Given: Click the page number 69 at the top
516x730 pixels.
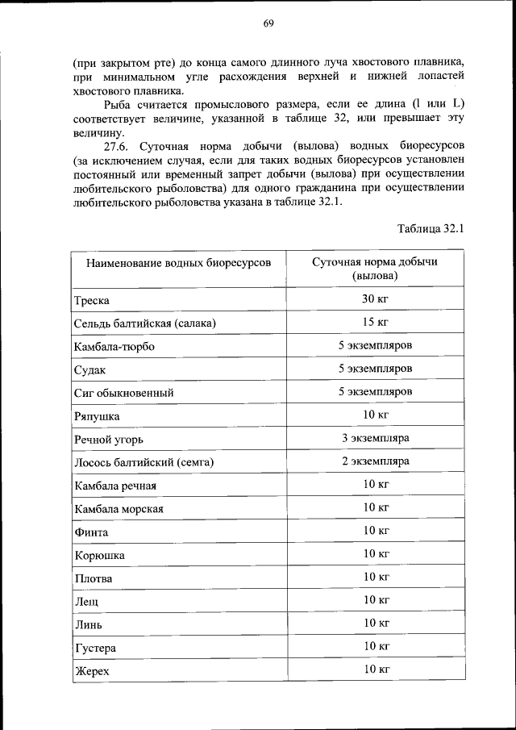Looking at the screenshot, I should tap(268, 23).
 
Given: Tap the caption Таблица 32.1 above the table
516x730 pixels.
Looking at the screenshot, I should tap(431, 228).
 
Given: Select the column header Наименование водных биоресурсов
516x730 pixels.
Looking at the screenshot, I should tap(168, 263).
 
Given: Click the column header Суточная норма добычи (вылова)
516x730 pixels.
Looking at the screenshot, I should tap(375, 269).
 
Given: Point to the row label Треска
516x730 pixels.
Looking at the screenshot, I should tap(92, 301).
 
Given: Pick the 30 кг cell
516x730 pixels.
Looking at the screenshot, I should tap(375, 299).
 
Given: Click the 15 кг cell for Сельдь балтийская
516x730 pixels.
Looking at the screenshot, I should tap(375, 323).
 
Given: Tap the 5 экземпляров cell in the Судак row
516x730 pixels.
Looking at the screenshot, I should tap(375, 369).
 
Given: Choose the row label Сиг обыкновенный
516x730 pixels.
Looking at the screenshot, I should tap(124, 393).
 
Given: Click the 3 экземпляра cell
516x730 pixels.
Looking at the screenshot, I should tap(375, 438).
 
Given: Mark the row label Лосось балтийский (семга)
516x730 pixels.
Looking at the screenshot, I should tap(148, 463).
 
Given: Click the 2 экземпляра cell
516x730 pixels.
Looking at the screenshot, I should tap(375, 461).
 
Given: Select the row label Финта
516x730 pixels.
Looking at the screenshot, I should tap(91, 532).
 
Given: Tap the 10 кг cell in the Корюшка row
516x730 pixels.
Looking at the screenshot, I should tap(375, 553).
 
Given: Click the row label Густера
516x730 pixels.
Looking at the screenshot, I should tap(95, 648).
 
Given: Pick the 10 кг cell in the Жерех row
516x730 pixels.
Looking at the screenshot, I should tap(375, 670).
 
